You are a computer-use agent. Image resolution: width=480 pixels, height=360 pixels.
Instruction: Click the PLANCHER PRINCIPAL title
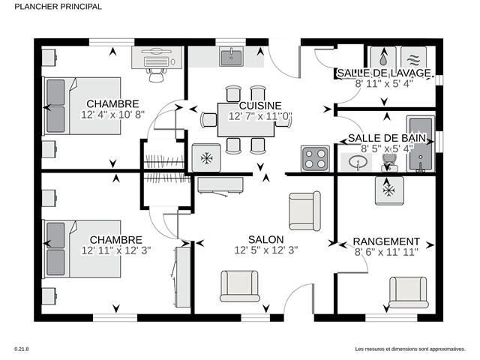coord(58,7)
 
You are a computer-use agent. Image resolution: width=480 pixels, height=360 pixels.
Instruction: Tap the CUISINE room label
coord(260,106)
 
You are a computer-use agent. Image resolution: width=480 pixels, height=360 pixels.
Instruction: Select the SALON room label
coord(265,239)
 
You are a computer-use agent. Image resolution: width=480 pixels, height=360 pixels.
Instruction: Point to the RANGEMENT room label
coord(386,241)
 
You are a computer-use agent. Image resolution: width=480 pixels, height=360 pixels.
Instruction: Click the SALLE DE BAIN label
coord(387,138)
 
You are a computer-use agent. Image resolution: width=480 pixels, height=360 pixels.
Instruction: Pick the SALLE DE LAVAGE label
coord(384,73)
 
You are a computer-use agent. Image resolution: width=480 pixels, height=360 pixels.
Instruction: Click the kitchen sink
coord(232,57)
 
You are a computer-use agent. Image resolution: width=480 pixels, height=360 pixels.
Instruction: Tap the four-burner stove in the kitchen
coord(315,158)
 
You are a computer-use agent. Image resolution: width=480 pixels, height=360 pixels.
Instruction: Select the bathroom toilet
coord(389,163)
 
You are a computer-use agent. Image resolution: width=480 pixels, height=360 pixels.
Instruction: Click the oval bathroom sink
coord(357,161)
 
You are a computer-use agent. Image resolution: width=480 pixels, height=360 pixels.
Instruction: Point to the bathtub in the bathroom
coord(421,143)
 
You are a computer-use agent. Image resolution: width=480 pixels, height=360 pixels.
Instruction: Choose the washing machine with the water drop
coord(383,58)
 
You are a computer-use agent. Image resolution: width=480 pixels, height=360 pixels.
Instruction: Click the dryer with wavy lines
coord(413,58)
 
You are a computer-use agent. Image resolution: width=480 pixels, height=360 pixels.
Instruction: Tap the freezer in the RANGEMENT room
coord(389,190)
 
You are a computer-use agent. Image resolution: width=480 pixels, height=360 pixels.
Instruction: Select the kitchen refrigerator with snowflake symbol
coord(206,157)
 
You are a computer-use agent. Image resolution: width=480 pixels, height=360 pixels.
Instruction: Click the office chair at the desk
coord(156,75)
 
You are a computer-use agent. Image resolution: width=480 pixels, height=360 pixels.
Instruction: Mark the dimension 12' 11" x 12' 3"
coord(116,250)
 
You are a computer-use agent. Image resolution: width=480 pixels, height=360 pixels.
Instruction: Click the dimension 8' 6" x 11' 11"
coord(386,253)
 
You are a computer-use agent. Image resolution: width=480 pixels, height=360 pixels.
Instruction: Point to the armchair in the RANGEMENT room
coord(408,292)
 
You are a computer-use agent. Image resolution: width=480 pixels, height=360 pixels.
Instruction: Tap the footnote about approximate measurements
coord(410,349)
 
